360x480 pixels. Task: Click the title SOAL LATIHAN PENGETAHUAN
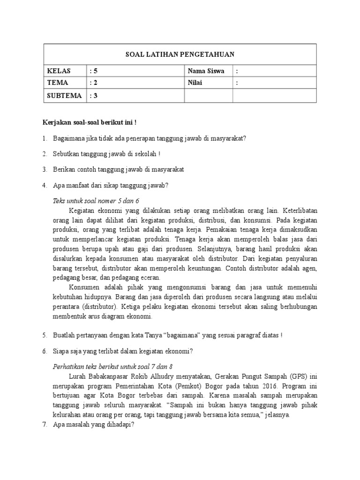[180, 54]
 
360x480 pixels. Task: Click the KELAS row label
[59, 71]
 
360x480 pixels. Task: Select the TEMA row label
[58, 83]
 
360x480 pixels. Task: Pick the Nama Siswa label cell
[206, 71]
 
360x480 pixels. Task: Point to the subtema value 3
[96, 96]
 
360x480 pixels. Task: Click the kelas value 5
[96, 71]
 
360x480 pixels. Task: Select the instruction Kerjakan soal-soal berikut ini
[89, 122]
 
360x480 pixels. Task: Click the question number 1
[45, 138]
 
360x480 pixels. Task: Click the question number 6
[45, 351]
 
